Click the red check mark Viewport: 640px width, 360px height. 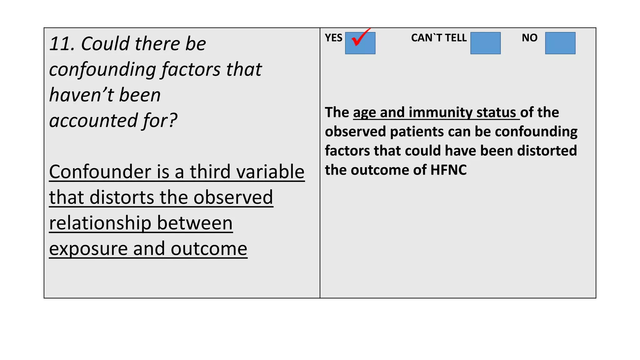(360, 38)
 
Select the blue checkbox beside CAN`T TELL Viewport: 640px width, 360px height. (485, 43)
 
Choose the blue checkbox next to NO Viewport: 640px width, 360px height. (560, 43)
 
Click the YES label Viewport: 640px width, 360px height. (333, 38)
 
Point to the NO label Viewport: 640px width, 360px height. (529, 38)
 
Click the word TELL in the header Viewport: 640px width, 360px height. (456, 38)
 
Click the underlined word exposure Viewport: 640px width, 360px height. (88, 248)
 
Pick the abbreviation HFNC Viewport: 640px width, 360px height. (448, 170)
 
